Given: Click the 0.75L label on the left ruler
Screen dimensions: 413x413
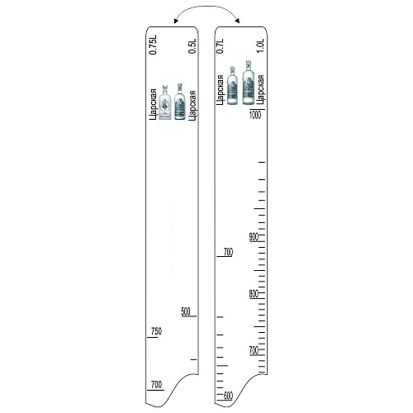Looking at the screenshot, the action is coord(153,45).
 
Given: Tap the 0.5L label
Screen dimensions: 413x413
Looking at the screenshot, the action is coord(192,46).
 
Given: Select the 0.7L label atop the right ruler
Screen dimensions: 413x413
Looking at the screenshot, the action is coord(220,46).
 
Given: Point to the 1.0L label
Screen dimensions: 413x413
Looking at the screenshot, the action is coord(260,46).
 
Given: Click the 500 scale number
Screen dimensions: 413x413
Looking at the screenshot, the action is coord(186,311).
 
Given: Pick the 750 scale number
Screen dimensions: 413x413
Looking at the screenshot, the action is coord(156,331).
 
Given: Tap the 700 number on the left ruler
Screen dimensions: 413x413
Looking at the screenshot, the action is coord(156,384).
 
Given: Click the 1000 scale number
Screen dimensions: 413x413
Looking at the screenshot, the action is coord(255,115).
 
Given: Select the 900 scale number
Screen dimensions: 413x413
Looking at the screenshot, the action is coord(254,237).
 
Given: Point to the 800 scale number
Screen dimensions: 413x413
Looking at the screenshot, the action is coord(254,294).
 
